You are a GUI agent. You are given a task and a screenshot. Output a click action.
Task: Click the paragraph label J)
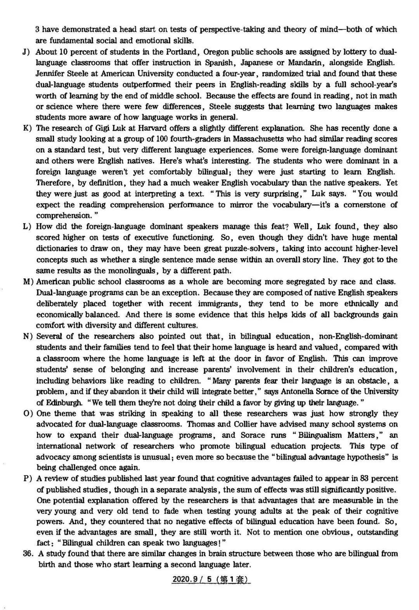point(27,52)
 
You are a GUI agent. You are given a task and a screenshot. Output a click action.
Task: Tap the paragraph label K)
point(27,128)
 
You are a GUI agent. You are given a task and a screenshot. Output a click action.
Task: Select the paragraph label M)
point(28,282)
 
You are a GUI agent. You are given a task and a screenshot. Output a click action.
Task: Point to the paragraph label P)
point(27,479)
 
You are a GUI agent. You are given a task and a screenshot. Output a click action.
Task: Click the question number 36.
point(28,554)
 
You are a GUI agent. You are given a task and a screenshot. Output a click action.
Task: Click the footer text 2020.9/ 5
point(193,579)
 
